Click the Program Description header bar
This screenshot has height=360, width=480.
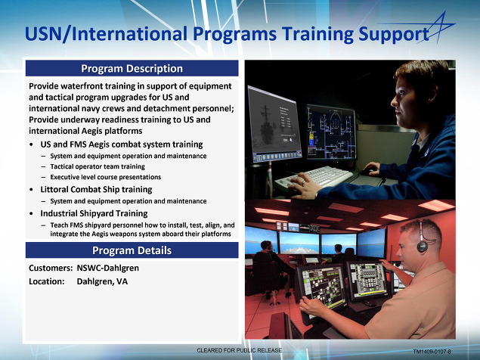pyautogui.click(x=132, y=68)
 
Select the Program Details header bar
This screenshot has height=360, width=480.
pyautogui.click(x=132, y=250)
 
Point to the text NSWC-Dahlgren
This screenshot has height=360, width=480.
pyautogui.click(x=108, y=268)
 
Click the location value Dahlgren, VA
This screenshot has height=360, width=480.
pyautogui.click(x=102, y=281)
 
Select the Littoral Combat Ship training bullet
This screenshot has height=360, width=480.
pyautogui.click(x=96, y=189)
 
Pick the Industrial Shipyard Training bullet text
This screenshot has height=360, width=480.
pyautogui.click(x=94, y=213)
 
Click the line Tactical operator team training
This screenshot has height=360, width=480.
pyautogui.click(x=98, y=166)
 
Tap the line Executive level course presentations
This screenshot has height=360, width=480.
pyautogui.click(x=106, y=177)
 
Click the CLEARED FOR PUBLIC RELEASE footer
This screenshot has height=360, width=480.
pyautogui.click(x=239, y=350)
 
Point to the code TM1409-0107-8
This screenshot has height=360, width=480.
pyautogui.click(x=432, y=352)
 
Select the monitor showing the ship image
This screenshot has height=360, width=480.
pyautogui.click(x=274, y=124)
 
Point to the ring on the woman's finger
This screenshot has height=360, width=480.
pyautogui.click(x=303, y=182)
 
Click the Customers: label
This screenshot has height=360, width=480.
pyautogui.click(x=51, y=268)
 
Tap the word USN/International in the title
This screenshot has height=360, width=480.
pyautogui.click(x=106, y=34)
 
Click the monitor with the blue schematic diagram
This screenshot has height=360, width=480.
pyautogui.click(x=331, y=132)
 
